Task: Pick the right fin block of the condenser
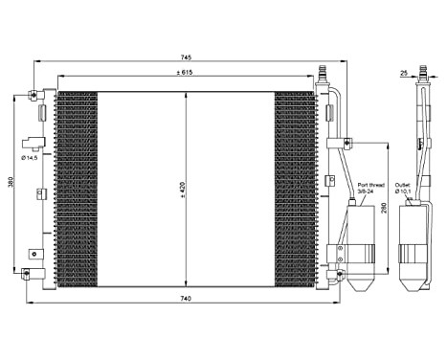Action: click(x=295, y=187)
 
